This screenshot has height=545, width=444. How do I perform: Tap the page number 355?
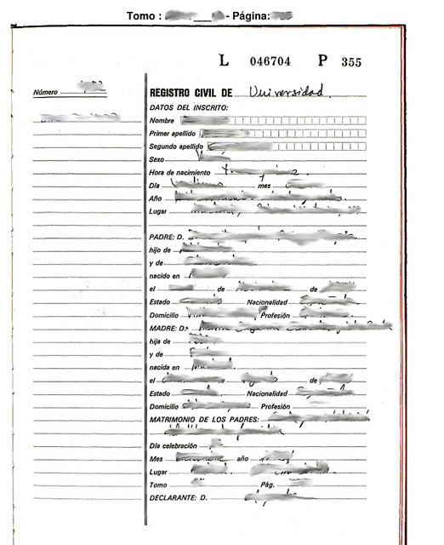click(351, 61)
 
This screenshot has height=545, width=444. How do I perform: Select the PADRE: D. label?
click(167, 236)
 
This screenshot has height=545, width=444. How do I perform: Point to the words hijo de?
click(160, 250)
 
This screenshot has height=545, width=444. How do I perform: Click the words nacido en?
click(164, 277)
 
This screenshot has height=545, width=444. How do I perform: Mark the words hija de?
click(160, 341)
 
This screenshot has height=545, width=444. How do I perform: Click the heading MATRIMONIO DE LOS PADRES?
click(208, 421)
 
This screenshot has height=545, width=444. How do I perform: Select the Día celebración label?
click(173, 445)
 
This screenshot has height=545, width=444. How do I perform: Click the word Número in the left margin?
click(47, 92)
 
